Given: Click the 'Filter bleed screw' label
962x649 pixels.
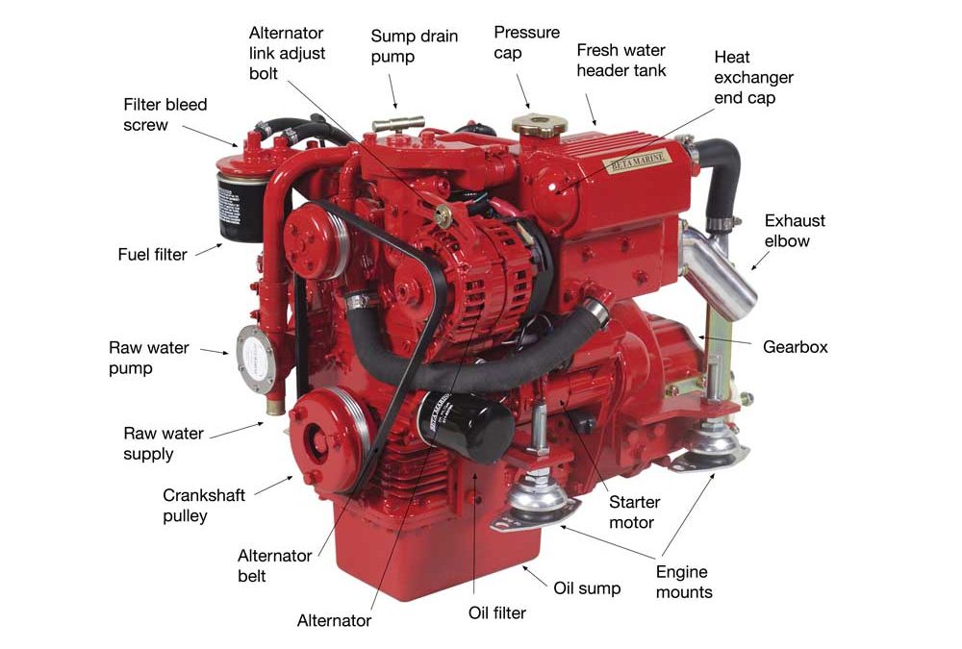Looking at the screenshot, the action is (x=165, y=114).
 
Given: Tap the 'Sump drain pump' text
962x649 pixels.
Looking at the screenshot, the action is (x=414, y=46).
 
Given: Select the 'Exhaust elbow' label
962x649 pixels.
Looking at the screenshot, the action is (x=795, y=231).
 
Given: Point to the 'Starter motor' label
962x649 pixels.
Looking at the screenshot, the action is (x=634, y=512).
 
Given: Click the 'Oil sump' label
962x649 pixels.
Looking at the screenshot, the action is (x=587, y=588).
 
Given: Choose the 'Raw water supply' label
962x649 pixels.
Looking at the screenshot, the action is (x=164, y=443).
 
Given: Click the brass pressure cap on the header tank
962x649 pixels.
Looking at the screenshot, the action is (x=540, y=125).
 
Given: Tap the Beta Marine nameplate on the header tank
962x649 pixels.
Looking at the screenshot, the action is (x=637, y=162).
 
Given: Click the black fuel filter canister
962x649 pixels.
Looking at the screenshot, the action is (x=241, y=209).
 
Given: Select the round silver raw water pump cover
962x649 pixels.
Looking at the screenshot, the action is (x=255, y=360).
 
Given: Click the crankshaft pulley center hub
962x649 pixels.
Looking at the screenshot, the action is (x=319, y=438).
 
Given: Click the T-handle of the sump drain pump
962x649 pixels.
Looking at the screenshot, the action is (x=398, y=125).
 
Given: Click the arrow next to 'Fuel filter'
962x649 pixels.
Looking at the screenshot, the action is (x=209, y=250).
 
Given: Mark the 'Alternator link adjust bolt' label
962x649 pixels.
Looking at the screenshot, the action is (x=287, y=53).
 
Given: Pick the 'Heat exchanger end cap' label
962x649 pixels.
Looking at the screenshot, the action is (x=753, y=77).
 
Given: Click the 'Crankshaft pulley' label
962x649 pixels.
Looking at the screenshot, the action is (x=204, y=506).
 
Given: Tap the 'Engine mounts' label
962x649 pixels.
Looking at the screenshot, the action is (x=684, y=582).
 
